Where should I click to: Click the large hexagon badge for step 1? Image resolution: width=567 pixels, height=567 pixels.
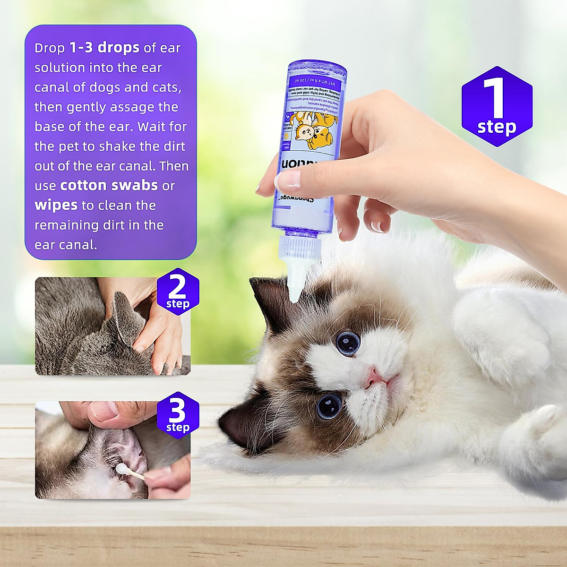click(497, 106)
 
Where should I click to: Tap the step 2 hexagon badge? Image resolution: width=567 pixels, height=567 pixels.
click(178, 292)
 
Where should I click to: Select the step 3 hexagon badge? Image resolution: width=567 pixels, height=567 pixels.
click(178, 415)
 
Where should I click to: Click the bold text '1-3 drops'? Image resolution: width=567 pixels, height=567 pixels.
click(104, 48)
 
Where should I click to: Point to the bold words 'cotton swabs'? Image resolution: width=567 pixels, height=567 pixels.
click(109, 185)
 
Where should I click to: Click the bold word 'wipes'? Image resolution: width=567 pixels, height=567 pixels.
click(56, 205)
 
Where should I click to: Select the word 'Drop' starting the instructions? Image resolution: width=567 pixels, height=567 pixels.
click(50, 48)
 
